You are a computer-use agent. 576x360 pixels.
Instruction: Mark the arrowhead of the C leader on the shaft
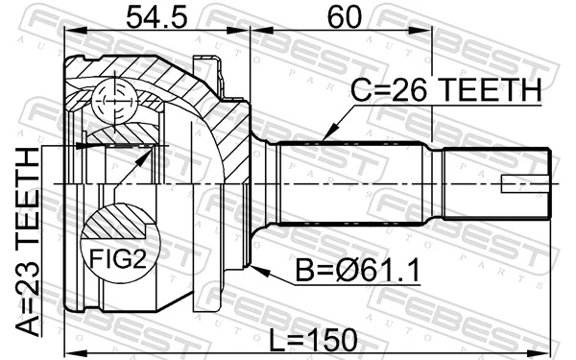(x=324, y=140)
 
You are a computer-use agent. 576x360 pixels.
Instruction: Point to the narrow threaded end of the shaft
(x=499, y=184)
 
